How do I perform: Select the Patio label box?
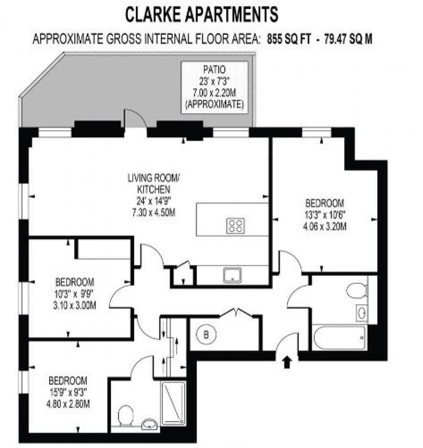point(215,87)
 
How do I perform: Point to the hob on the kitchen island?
point(236,226)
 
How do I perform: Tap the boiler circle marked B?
point(206,334)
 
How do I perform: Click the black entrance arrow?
point(286,363)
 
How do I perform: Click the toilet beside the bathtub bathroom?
point(356,290)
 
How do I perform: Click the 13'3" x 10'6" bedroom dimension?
point(325,214)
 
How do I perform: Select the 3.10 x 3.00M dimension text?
point(75,306)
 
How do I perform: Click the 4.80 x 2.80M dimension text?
point(68,405)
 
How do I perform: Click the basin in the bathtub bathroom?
point(361,312)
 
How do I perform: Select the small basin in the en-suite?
point(149,422)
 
